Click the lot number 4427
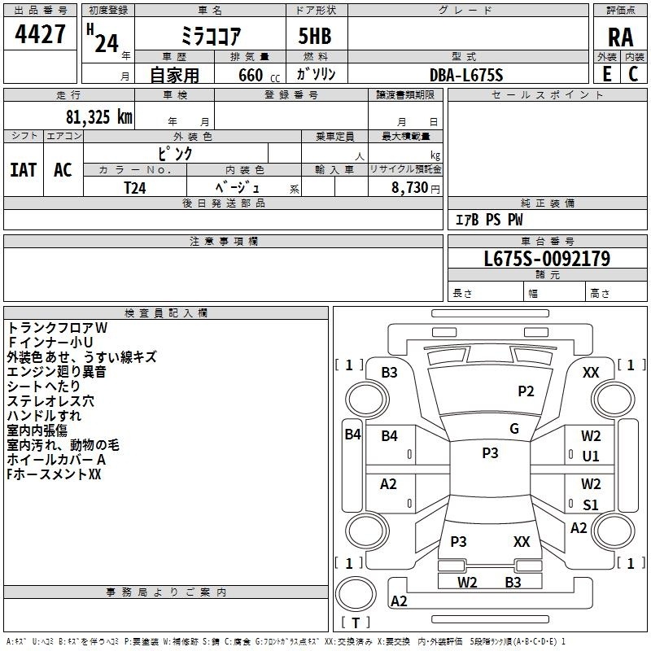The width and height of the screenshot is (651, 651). click(x=41, y=34)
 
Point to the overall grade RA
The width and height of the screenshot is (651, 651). click(x=620, y=37)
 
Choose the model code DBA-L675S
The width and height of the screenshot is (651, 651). click(x=466, y=75)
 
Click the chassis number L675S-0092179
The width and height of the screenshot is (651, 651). click(x=547, y=259)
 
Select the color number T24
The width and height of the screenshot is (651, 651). click(x=135, y=187)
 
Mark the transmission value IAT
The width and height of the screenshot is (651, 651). click(x=23, y=169)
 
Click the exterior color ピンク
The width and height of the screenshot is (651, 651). click(x=175, y=153)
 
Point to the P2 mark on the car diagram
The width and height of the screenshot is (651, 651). click(x=526, y=391)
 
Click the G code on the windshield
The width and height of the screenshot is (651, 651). click(x=513, y=429)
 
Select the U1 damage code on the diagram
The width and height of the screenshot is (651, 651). click(x=591, y=457)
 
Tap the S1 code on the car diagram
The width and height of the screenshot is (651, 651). click(x=591, y=505)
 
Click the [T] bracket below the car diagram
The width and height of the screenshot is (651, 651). click(x=356, y=623)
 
